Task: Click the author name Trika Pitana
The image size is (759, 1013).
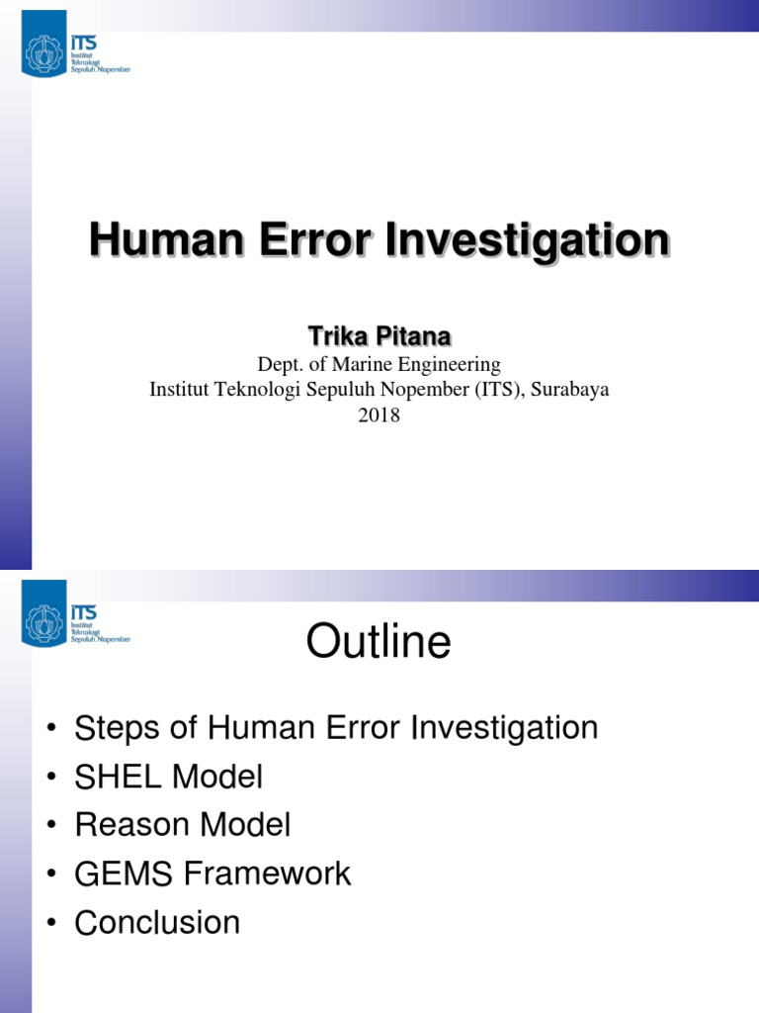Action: (x=379, y=338)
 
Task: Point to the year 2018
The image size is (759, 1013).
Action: (x=379, y=415)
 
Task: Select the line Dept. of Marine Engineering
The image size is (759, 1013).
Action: (x=379, y=364)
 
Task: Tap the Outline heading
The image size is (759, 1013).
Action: (x=379, y=643)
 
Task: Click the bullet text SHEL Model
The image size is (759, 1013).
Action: (x=169, y=778)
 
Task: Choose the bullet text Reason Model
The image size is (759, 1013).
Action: (x=183, y=825)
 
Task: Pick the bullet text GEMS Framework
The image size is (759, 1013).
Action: (x=212, y=874)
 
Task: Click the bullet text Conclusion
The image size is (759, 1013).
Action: (x=157, y=922)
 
